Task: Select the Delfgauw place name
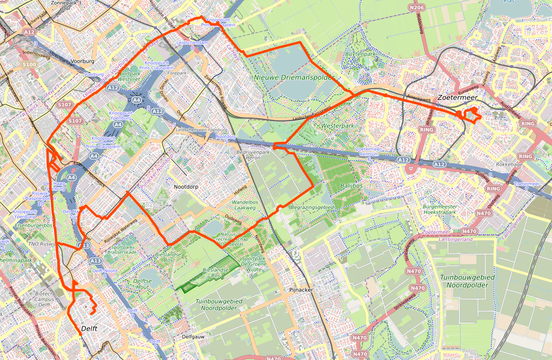tap(194, 337)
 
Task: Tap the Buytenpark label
tap(361, 54)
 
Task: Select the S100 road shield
tap(29, 64)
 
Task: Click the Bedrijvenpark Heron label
tap(254, 154)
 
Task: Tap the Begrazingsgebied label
tap(312, 207)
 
